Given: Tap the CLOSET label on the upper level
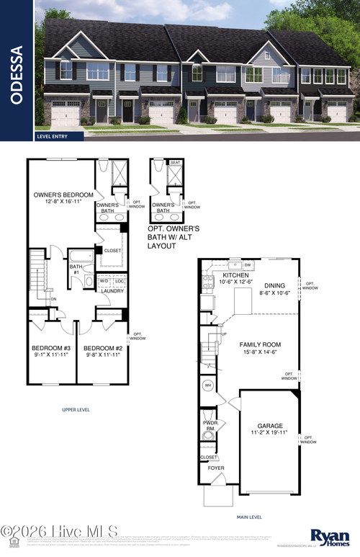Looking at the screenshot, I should click(112, 250).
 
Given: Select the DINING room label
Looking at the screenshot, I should click(274, 289).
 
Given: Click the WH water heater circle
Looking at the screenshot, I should click(207, 386).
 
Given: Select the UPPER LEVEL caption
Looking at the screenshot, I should click(75, 409).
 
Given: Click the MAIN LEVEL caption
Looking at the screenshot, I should click(251, 517).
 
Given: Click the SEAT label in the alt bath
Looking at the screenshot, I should click(175, 163).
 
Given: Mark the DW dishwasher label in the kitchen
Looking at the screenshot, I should click(247, 264).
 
